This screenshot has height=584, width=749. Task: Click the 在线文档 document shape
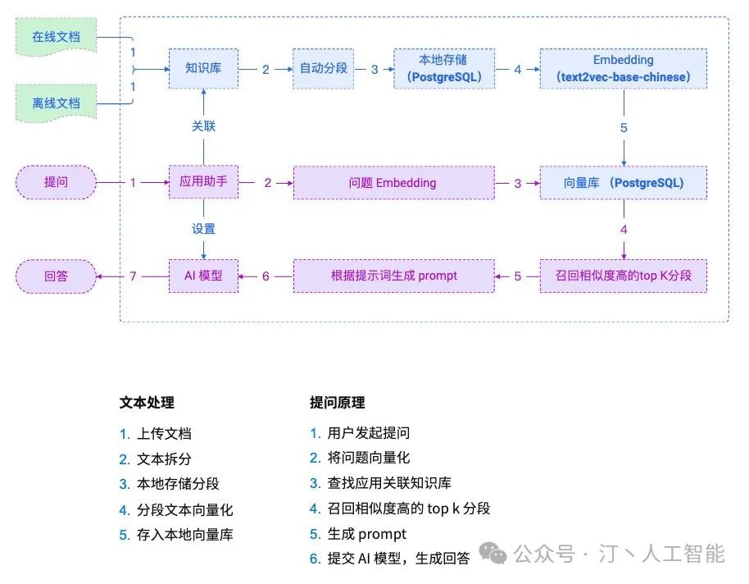pos(56,38)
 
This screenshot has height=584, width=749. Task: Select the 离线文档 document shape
pos(56,103)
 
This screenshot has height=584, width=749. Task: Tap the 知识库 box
pos(203,69)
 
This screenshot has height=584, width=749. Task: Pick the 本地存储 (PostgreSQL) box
pos(444,69)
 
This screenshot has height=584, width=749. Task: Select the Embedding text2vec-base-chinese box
pos(623,69)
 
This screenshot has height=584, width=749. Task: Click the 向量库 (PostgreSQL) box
pos(623,183)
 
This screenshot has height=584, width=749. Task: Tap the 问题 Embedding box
pos(393,183)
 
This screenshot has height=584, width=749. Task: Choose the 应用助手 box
pos(203,183)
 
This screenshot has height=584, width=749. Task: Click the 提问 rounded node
pos(56,183)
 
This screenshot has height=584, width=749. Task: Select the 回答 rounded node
pos(56,276)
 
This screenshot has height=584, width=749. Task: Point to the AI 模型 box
pos(203,276)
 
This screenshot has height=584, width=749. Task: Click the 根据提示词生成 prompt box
pos(393,276)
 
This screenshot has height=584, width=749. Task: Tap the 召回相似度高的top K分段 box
pos(623,276)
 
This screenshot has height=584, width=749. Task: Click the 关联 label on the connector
pos(203,126)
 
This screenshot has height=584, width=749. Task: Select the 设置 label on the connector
pos(203,230)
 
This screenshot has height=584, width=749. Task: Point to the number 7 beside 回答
pos(133,276)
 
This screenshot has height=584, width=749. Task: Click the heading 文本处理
pos(147,403)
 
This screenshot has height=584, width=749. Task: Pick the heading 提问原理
pos(337,403)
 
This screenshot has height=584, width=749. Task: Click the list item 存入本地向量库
pos(185,535)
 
